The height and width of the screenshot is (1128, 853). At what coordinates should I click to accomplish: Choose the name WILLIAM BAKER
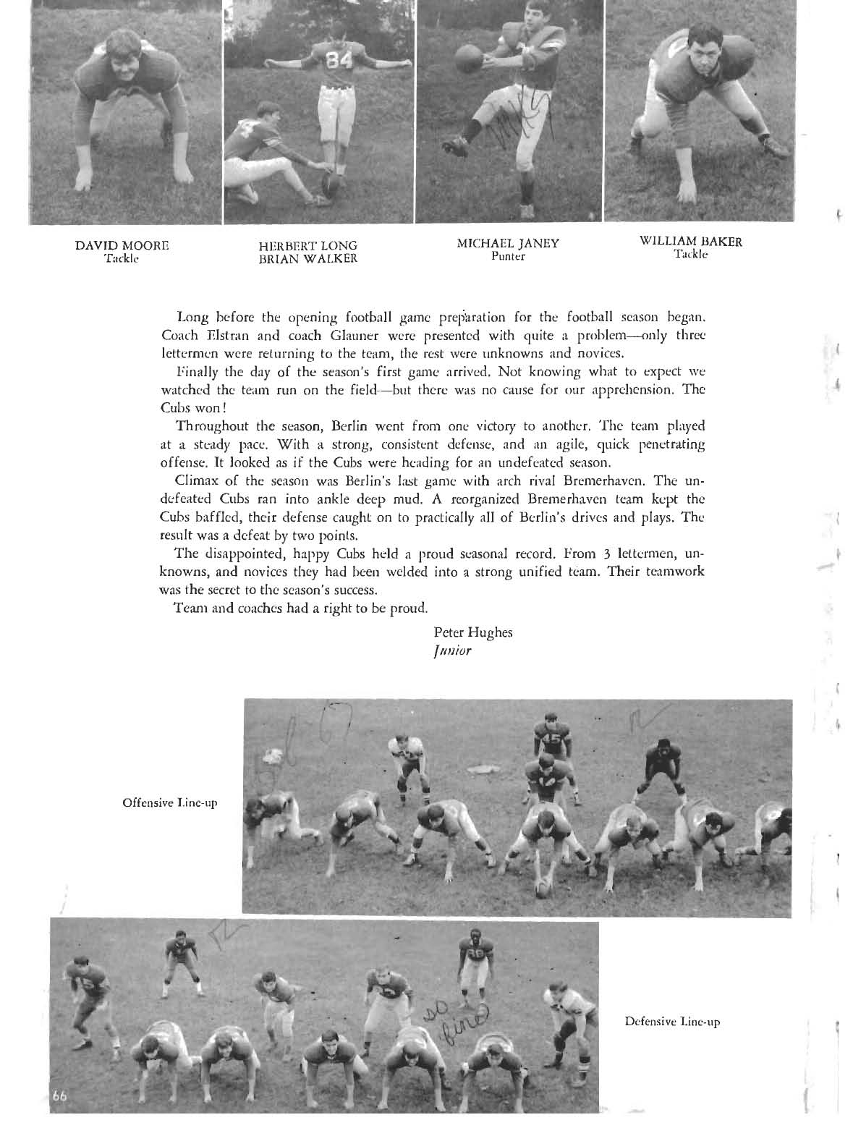pyautogui.click(x=691, y=242)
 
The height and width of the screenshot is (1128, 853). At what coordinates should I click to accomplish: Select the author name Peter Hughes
pyautogui.click(x=473, y=632)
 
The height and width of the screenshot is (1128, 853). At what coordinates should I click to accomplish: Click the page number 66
pyautogui.click(x=59, y=1114)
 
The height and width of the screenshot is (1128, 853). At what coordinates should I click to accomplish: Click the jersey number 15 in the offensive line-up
pyautogui.click(x=551, y=739)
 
